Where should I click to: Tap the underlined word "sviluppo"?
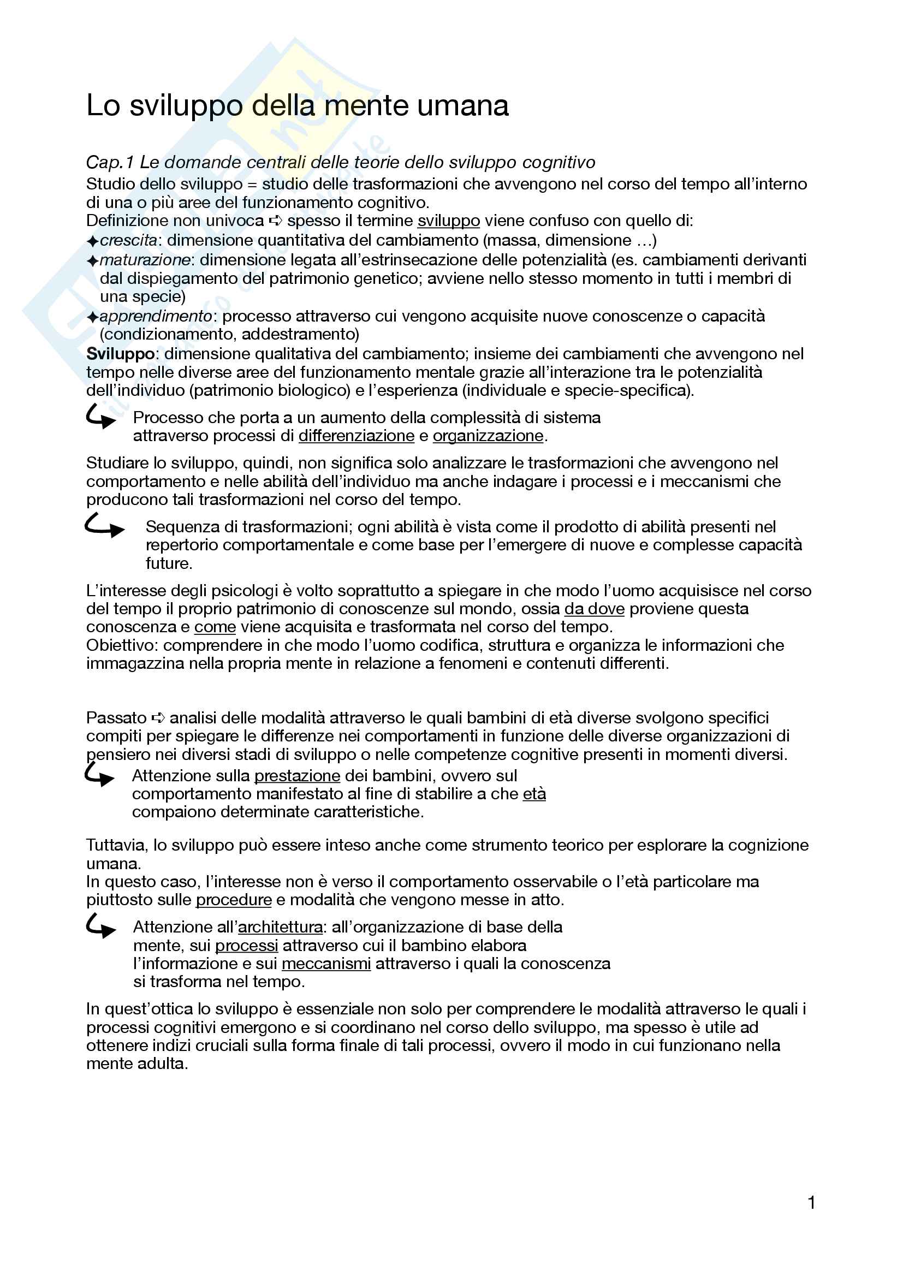tap(448, 221)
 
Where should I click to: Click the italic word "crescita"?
tap(128, 240)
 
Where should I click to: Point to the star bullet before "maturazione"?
tap(92, 261)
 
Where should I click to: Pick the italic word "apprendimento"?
tap(156, 316)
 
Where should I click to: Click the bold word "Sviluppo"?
tap(120, 354)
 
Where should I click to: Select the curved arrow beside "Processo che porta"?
tap(100, 417)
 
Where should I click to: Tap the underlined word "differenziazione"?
tap(357, 436)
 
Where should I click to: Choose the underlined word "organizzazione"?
tap(488, 436)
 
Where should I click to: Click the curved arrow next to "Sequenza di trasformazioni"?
tap(104, 526)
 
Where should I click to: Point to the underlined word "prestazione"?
tap(297, 775)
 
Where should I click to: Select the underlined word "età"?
tap(534, 794)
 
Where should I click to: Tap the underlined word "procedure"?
tap(234, 900)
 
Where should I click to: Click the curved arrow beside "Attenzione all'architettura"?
tap(100, 926)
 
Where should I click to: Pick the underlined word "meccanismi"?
tap(326, 963)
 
